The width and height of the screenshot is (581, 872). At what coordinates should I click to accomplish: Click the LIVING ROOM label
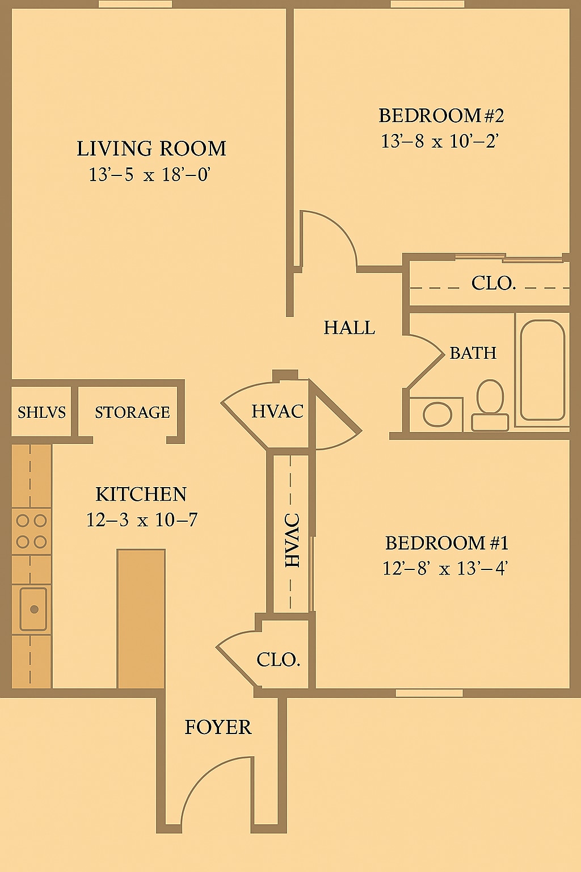(151, 149)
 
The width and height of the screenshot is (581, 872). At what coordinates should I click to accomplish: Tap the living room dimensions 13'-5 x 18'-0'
(150, 175)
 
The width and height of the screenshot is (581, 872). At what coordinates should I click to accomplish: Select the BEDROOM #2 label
(441, 116)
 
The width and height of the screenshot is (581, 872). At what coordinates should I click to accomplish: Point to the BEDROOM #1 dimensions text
(444, 568)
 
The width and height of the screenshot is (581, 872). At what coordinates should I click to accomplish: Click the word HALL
(349, 328)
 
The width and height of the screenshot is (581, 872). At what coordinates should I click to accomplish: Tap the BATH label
(473, 353)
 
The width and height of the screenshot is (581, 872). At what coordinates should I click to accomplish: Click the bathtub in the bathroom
(542, 370)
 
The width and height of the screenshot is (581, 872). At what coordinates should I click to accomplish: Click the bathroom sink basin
(437, 414)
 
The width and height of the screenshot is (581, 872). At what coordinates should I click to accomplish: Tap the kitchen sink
(33, 609)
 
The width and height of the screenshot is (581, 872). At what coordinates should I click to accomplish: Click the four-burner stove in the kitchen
(31, 531)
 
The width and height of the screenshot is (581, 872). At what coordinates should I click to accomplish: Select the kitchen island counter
(141, 619)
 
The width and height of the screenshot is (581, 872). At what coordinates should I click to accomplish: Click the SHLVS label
(41, 412)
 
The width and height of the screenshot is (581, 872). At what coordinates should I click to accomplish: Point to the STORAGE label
(132, 412)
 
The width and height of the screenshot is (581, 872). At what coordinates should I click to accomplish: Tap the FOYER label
(218, 727)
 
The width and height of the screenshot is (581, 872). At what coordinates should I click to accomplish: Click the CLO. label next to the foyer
(278, 660)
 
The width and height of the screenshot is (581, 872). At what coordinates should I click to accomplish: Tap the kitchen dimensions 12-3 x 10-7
(142, 519)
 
